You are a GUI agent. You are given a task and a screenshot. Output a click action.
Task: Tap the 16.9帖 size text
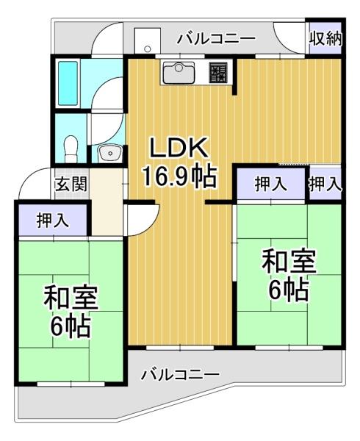pyautogui.click(x=181, y=177)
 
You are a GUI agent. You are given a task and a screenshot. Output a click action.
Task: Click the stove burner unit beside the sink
pyautogui.click(x=220, y=72)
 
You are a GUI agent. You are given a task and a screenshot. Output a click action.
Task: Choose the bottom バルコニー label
pyautogui.click(x=180, y=375)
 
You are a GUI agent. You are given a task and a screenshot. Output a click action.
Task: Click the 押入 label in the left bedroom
pyautogui.click(x=53, y=220)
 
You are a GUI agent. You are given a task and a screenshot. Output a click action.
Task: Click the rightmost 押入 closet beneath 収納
pyautogui.click(x=325, y=184)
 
